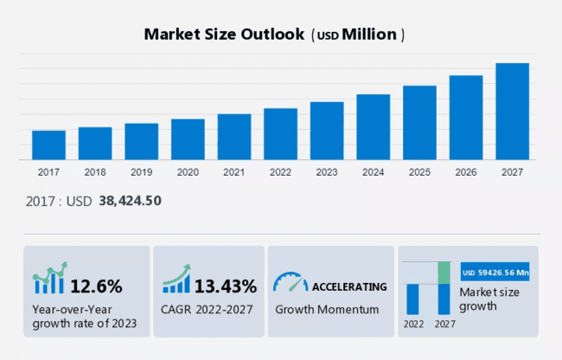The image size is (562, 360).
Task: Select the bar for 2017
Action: pyautogui.click(x=48, y=145)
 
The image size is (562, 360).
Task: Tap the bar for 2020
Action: pyautogui.click(x=188, y=138)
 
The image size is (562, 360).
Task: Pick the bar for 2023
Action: pyautogui.click(x=327, y=131)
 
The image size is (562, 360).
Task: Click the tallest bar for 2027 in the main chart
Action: pyautogui.click(x=512, y=111)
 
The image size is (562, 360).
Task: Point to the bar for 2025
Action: pyautogui.click(x=419, y=122)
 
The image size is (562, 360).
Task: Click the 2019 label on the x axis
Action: pyautogui.click(x=141, y=172)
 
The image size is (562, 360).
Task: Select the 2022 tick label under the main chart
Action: pyautogui.click(x=280, y=172)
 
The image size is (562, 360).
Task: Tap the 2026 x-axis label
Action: pyautogui.click(x=465, y=172)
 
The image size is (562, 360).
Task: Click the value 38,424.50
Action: pyautogui.click(x=129, y=201)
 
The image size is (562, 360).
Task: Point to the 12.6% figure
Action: pyautogui.click(x=95, y=286)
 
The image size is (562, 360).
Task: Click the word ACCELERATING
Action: pyautogui.click(x=349, y=286)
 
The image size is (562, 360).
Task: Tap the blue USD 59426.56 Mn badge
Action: pyautogui.click(x=495, y=273)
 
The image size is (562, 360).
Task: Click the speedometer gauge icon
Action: pyautogui.click(x=290, y=283)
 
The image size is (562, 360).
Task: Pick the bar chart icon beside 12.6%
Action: pyautogui.click(x=49, y=280)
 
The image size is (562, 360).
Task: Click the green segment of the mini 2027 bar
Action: pyautogui.click(x=444, y=273)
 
